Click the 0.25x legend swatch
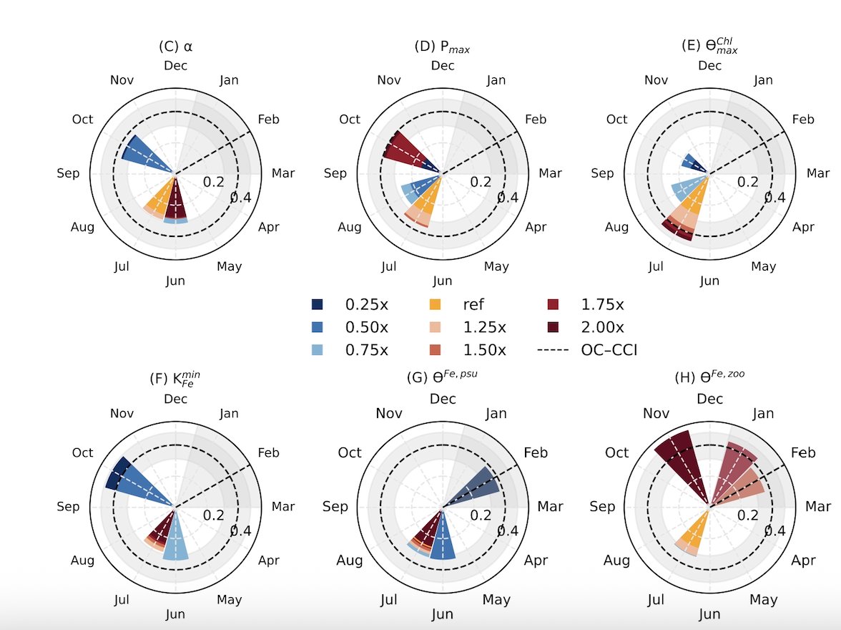point(318,304)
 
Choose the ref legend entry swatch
point(434,304)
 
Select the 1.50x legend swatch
point(434,350)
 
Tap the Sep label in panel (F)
point(68,507)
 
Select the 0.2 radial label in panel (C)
point(214,182)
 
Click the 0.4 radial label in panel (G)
point(507,530)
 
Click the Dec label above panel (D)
point(443,66)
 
